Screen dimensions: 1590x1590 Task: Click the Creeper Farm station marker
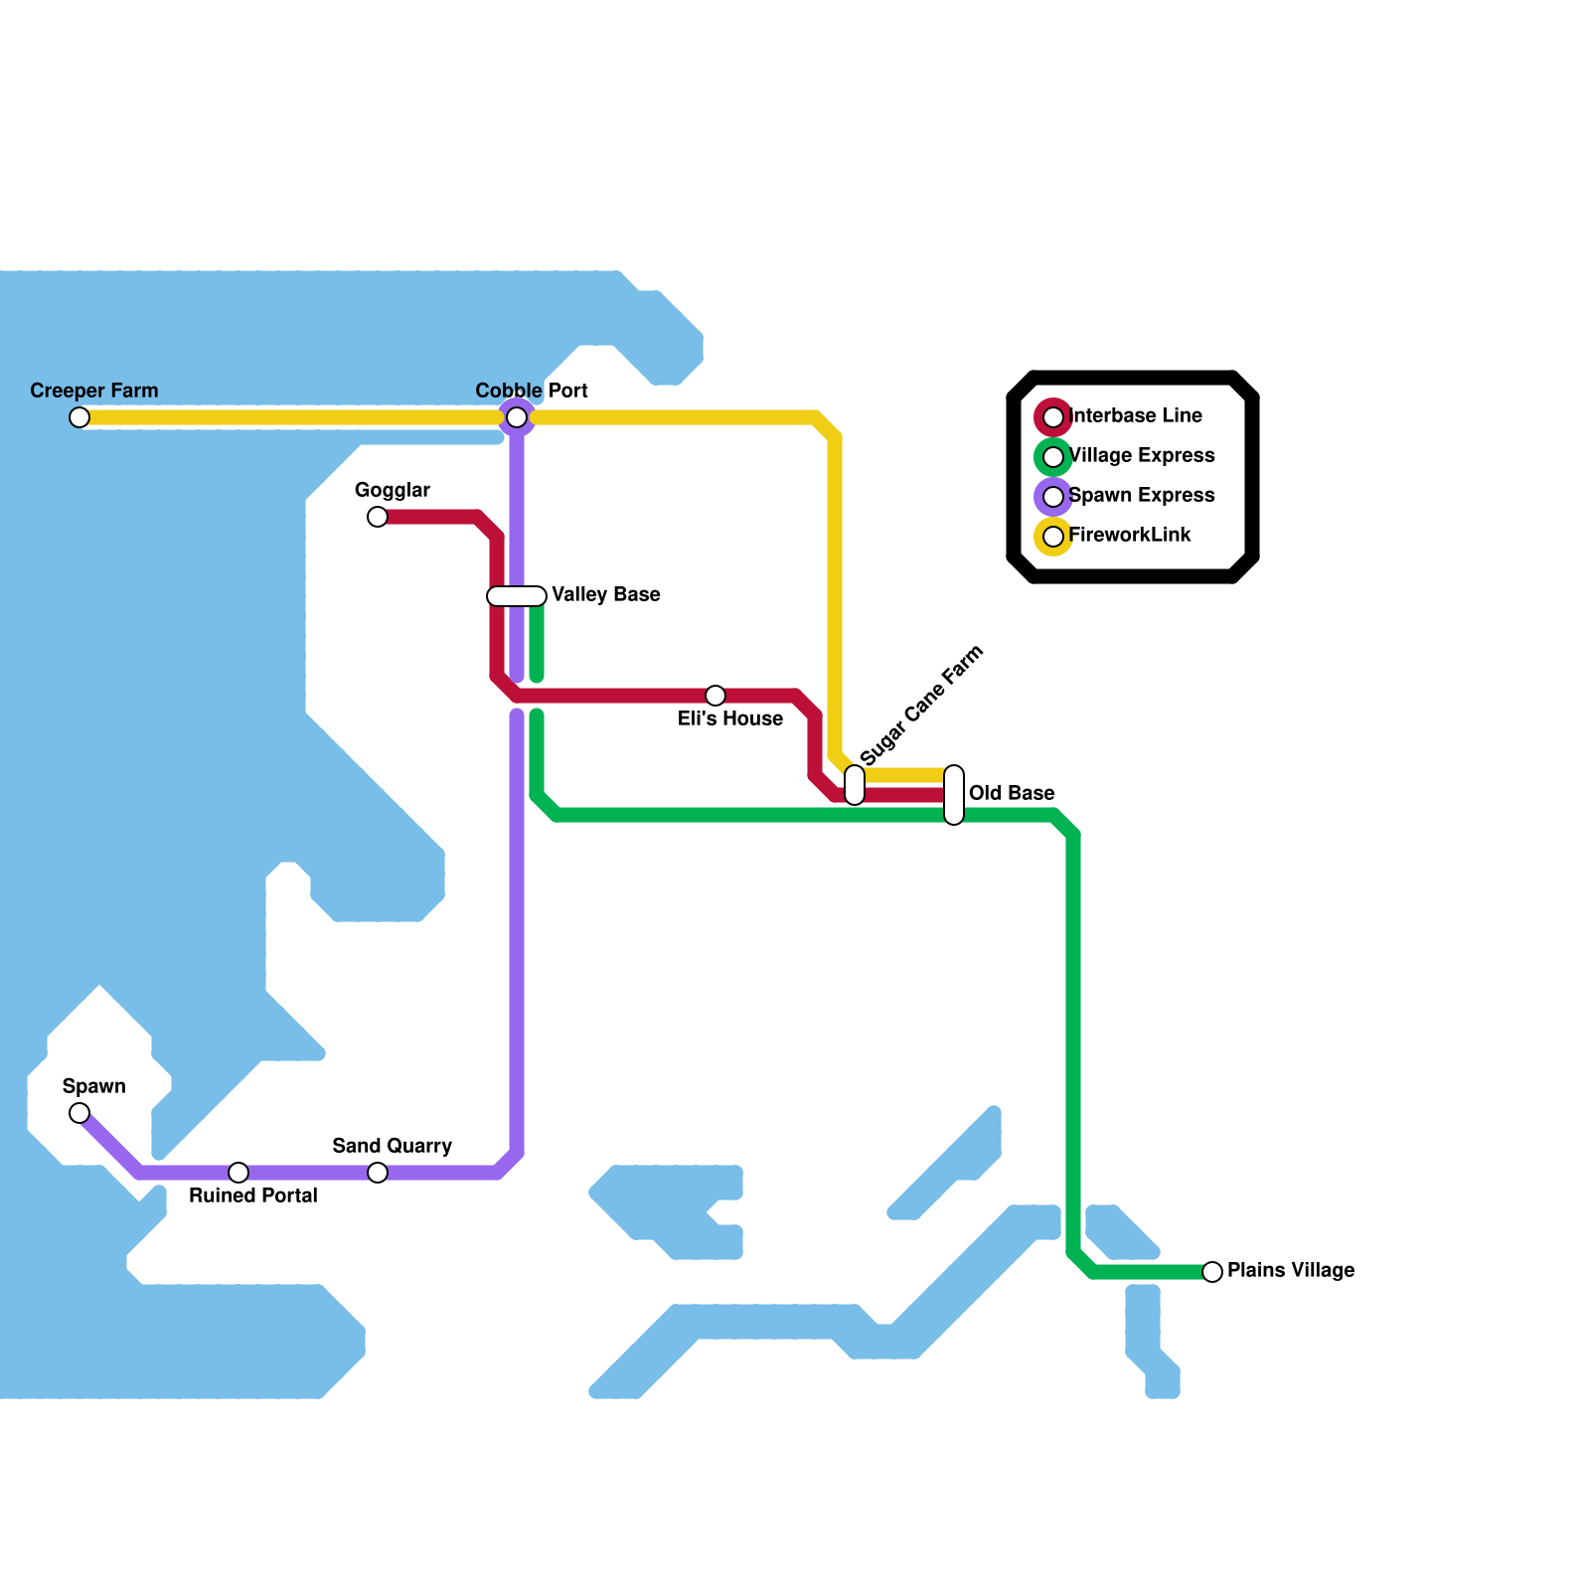click(79, 417)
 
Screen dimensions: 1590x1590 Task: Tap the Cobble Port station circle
click(517, 417)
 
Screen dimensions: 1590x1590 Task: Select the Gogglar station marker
click(378, 517)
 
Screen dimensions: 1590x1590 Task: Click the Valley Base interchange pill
click(517, 596)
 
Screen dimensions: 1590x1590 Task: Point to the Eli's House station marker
click(715, 696)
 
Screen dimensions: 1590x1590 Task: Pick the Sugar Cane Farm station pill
click(855, 785)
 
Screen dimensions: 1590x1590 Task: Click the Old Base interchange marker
click(954, 795)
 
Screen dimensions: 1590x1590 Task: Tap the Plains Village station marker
click(1212, 1272)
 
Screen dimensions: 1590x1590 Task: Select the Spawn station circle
click(79, 1113)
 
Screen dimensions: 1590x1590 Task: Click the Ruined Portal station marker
click(238, 1173)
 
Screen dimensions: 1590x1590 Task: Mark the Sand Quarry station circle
click(378, 1173)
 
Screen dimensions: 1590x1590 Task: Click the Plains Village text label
click(1290, 1271)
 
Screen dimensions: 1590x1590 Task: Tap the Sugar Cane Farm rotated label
click(921, 706)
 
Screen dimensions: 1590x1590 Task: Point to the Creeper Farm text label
click(94, 392)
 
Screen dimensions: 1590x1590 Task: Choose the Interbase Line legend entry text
click(1135, 416)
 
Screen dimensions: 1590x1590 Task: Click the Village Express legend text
click(1141, 456)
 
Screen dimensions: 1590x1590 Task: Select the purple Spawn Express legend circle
click(1053, 497)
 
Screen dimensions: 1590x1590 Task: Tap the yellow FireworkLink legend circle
click(1053, 537)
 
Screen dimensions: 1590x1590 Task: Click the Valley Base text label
click(606, 595)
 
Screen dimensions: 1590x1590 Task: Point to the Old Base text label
click(1012, 794)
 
